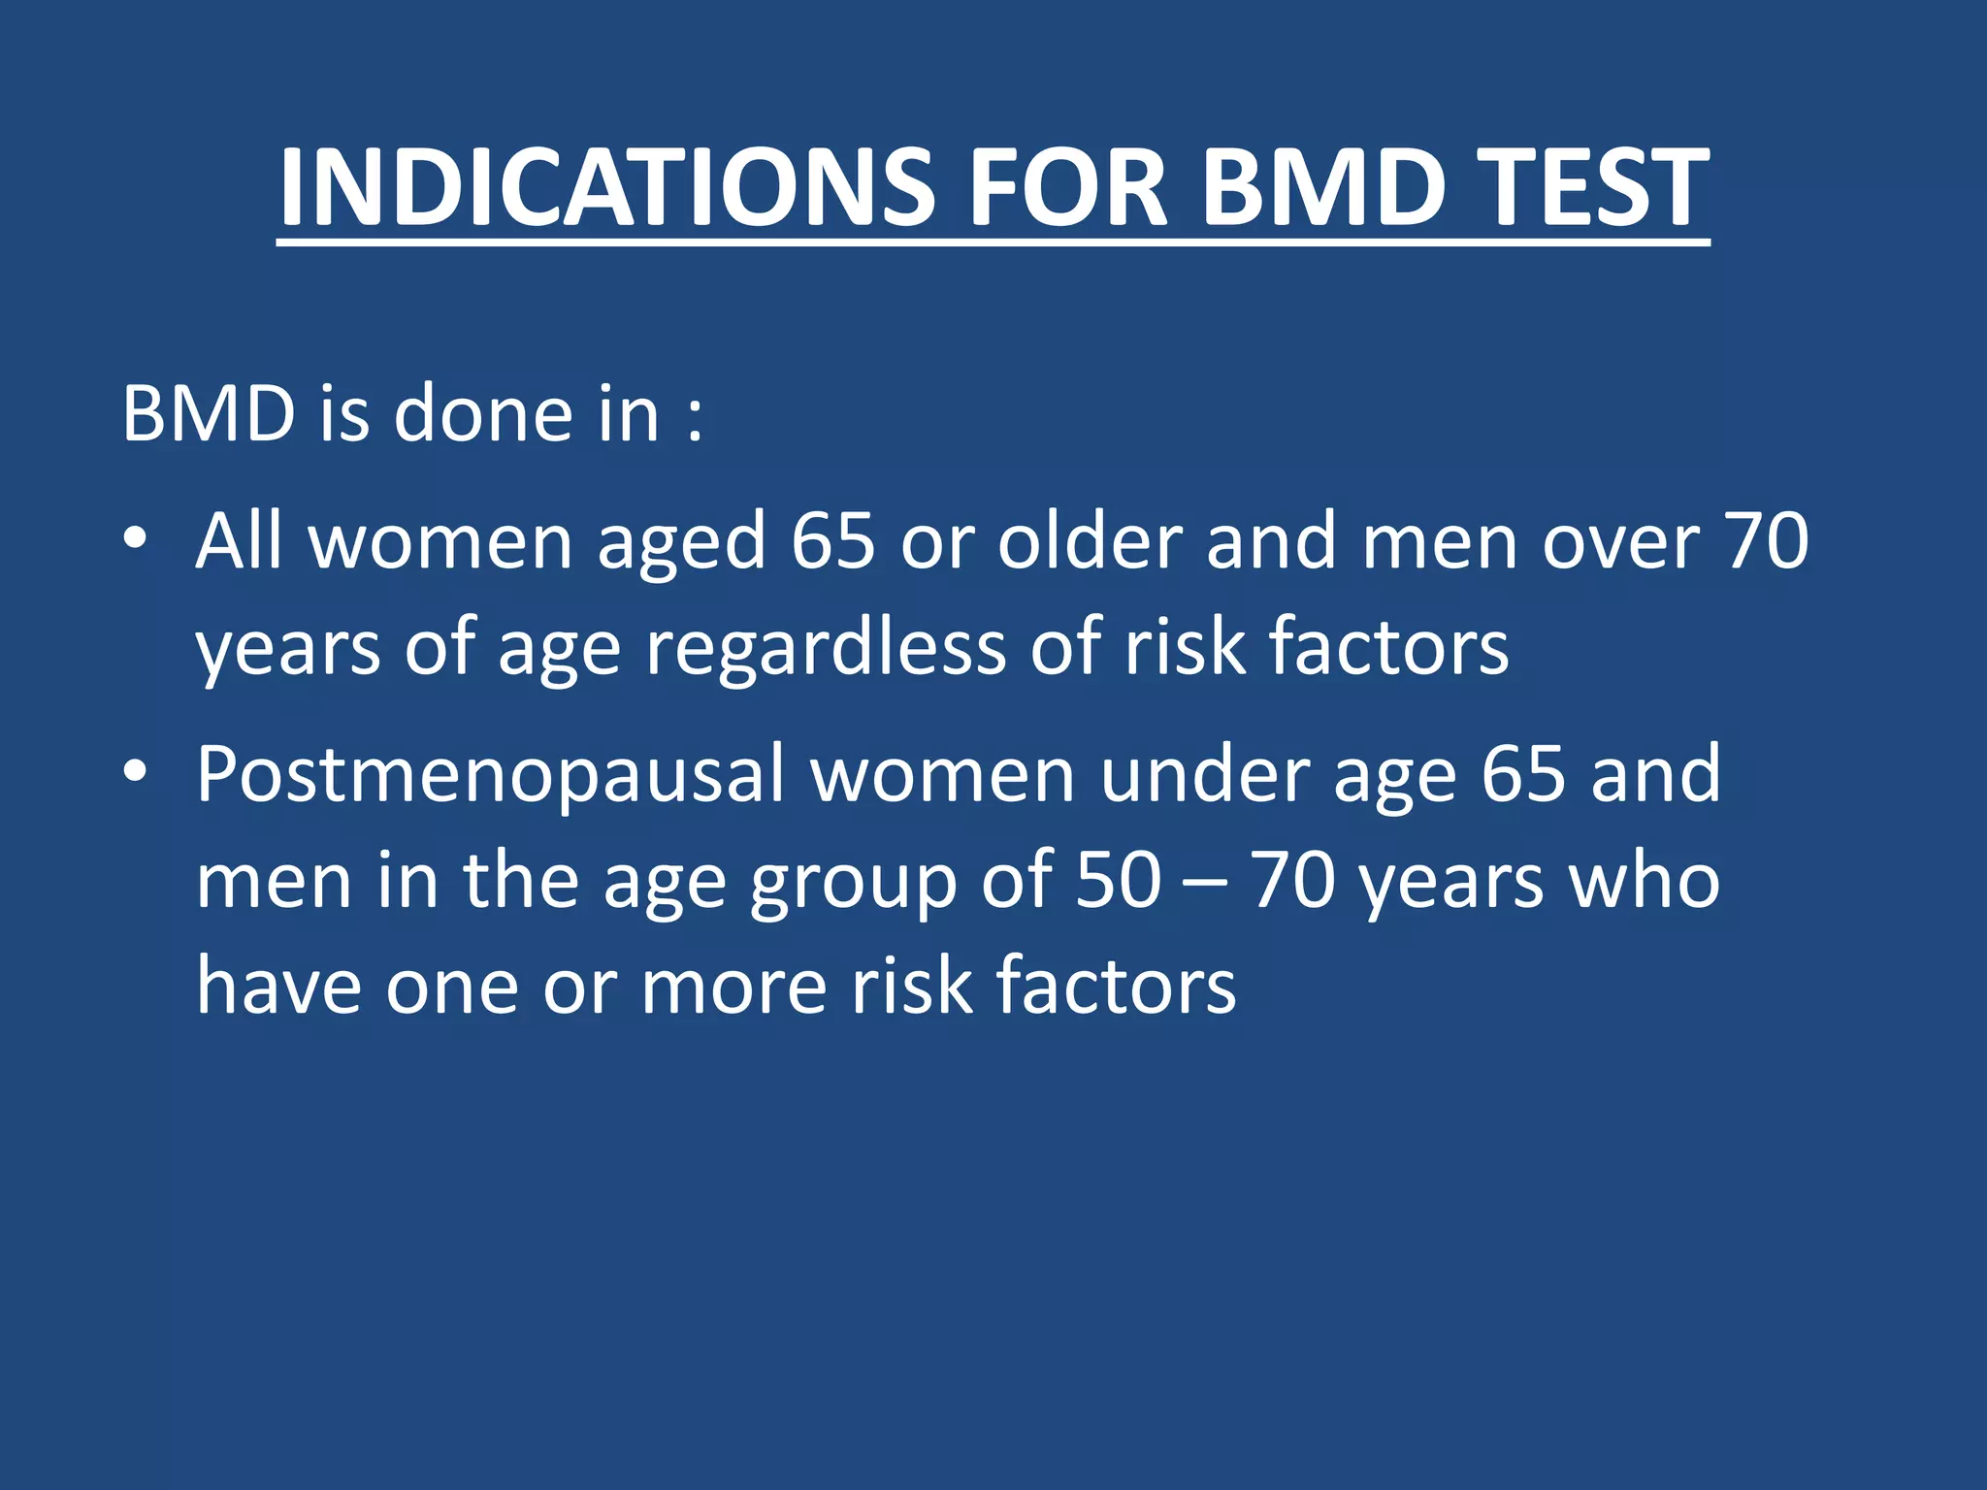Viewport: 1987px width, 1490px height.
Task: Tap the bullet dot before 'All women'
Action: pos(135,539)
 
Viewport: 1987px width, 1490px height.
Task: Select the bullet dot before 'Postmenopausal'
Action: pos(135,772)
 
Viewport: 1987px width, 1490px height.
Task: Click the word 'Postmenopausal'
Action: pos(490,776)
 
